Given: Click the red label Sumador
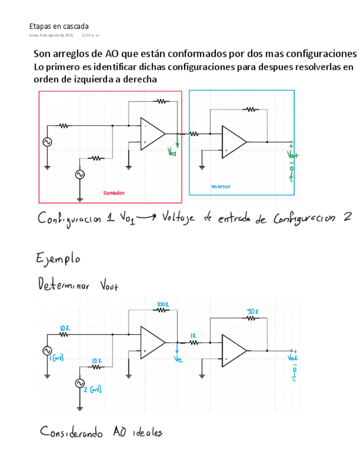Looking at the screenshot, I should tap(114, 193).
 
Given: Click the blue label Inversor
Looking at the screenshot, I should tap(221, 186).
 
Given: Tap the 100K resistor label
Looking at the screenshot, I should tap(163, 304).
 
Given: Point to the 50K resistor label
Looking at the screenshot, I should tap(253, 312).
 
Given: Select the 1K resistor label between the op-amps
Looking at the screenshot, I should tap(193, 335).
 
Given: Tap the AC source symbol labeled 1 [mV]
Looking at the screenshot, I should tap(47, 351).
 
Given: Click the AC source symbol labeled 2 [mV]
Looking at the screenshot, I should tap(80, 383).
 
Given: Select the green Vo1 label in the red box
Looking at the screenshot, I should tap(172, 153).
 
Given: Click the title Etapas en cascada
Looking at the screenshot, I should tap(59, 26).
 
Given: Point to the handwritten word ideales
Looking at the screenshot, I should tap(146, 432).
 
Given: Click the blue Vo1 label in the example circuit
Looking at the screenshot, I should tap(178, 359).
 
